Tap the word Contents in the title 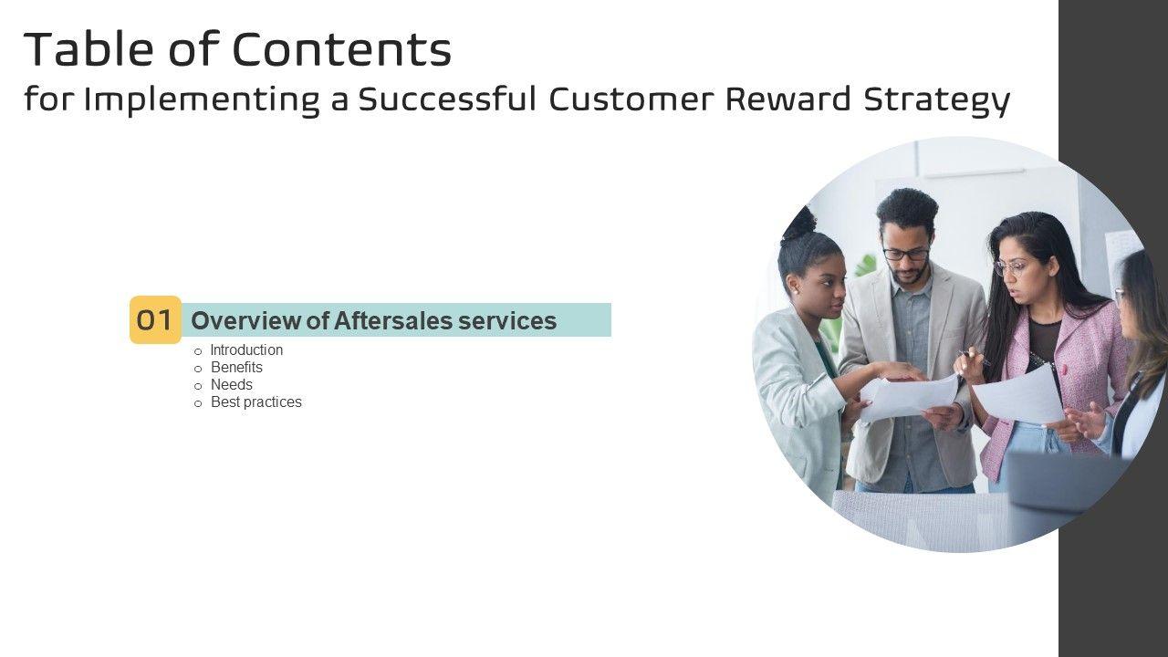pos(341,49)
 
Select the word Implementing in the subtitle pos(202,100)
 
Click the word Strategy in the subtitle pos(937,100)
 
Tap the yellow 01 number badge pos(155,319)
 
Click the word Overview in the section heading pos(245,320)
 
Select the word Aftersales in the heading pos(393,320)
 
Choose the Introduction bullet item pos(246,349)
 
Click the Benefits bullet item pos(236,367)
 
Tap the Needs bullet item pos(232,385)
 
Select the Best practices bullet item pos(256,402)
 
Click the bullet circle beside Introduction pos(198,351)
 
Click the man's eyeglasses pos(906,255)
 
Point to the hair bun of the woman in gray pos(798,224)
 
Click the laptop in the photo pos(1064,483)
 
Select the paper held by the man pos(910,397)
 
